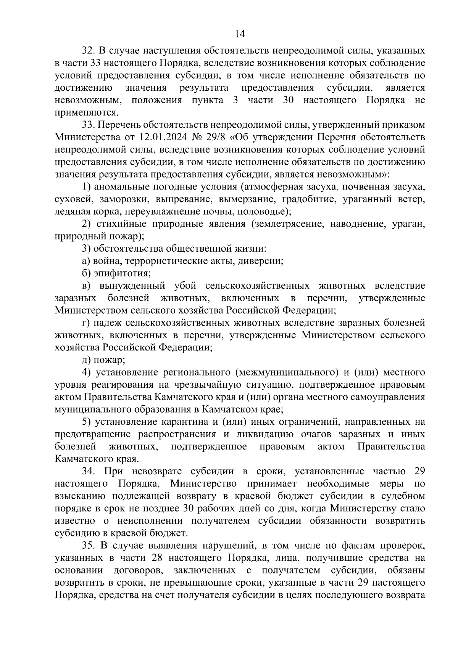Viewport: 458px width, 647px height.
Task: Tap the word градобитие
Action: point(308,199)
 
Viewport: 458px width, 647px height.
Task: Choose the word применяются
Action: point(86,112)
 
